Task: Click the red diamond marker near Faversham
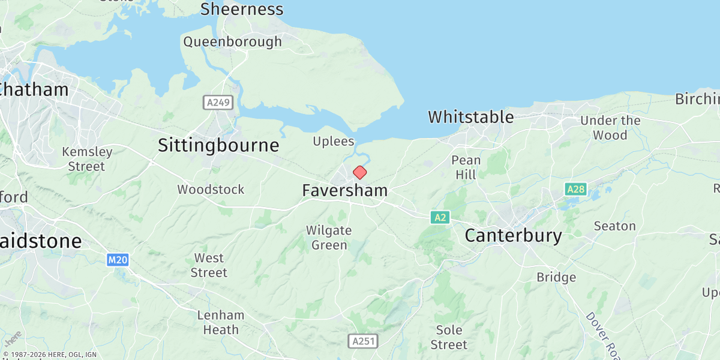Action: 359,173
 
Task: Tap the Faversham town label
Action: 344,191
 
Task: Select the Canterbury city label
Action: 513,236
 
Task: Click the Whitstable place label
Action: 470,117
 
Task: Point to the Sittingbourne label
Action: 218,146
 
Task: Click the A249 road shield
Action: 218,103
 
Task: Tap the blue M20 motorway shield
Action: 118,260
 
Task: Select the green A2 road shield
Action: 440,217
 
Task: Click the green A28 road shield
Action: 575,190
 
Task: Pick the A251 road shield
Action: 363,341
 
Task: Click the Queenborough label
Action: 232,42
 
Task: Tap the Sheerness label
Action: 242,10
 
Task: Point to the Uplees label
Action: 334,142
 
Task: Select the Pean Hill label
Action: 466,167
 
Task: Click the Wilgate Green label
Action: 328,238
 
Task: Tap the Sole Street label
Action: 449,337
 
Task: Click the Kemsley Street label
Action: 87,159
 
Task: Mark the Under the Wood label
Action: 610,128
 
